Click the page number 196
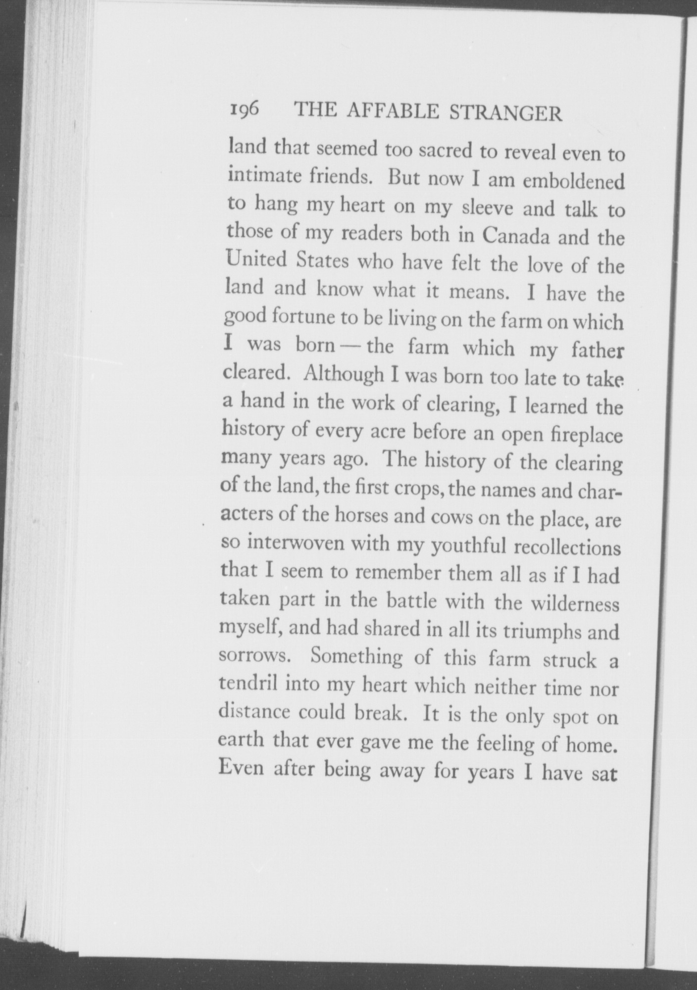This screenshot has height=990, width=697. point(245,108)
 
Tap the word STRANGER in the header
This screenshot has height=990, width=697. point(505,113)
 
